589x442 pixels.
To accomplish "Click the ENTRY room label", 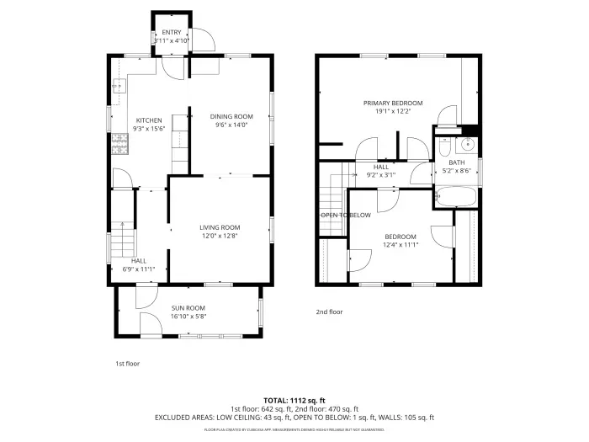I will (x=172, y=32).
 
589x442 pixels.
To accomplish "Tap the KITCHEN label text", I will (x=148, y=120).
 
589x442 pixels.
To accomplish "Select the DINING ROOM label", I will (x=231, y=116).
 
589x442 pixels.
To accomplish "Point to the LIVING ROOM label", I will (x=220, y=227).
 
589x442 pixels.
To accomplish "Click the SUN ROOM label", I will (x=188, y=308).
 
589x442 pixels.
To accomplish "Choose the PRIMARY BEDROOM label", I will (x=393, y=103).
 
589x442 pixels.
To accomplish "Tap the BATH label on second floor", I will (x=456, y=162).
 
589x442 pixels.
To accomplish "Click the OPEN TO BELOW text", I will (x=346, y=216).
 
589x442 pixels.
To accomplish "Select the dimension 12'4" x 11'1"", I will (x=401, y=244).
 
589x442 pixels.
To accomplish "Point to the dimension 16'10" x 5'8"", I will (x=188, y=317).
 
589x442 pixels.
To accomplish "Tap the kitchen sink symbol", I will (x=118, y=85).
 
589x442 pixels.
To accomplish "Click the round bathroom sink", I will (x=469, y=143).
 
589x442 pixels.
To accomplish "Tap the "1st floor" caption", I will (x=127, y=364).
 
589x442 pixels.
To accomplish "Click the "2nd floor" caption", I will (x=329, y=312).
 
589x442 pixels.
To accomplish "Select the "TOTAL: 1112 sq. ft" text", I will (x=294, y=400).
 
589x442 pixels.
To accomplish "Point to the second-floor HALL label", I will (x=381, y=167).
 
